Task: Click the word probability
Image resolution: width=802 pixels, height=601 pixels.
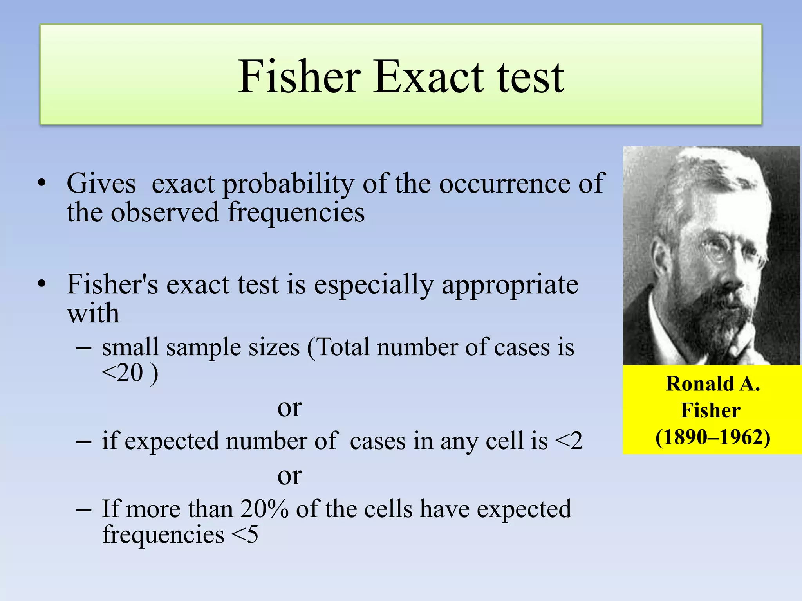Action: pos(288,184)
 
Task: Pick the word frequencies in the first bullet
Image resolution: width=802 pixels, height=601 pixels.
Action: pos(296,213)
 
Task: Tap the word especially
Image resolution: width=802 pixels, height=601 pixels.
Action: pos(374,285)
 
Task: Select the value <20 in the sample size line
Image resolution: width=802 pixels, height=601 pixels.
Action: pos(122,372)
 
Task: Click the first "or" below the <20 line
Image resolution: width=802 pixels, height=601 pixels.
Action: pos(289,408)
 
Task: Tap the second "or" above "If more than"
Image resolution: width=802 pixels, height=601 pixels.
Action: pos(289,476)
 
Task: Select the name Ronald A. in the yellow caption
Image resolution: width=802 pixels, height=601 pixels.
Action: pos(713,383)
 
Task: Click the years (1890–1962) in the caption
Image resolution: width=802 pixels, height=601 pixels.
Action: pos(713,437)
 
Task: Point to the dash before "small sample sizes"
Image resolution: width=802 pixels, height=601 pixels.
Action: pos(84,347)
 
